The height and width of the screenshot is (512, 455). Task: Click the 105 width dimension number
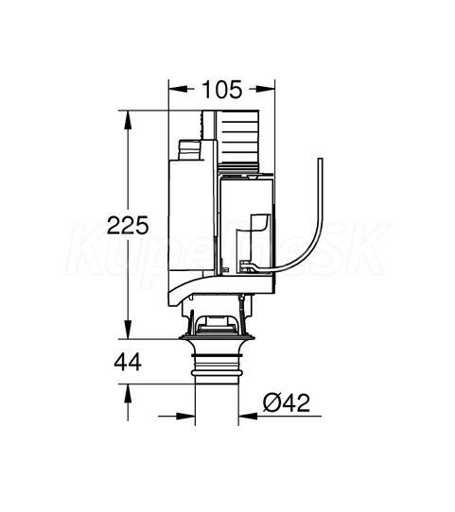pyautogui.click(x=222, y=90)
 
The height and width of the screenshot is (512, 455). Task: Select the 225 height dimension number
pyautogui.click(x=128, y=225)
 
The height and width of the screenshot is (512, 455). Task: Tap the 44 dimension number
pyautogui.click(x=128, y=362)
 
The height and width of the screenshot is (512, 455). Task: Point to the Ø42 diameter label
pyautogui.click(x=287, y=402)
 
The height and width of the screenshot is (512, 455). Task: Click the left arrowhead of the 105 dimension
pyautogui.click(x=178, y=89)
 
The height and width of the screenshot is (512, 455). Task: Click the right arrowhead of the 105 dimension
pyautogui.click(x=265, y=89)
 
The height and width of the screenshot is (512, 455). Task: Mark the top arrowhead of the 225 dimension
pyautogui.click(x=128, y=121)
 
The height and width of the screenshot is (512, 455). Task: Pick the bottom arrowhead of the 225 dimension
pyautogui.click(x=128, y=329)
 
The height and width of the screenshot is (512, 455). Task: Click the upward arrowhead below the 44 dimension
pyautogui.click(x=128, y=394)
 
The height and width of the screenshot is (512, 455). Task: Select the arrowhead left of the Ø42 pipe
pyautogui.click(x=185, y=416)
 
